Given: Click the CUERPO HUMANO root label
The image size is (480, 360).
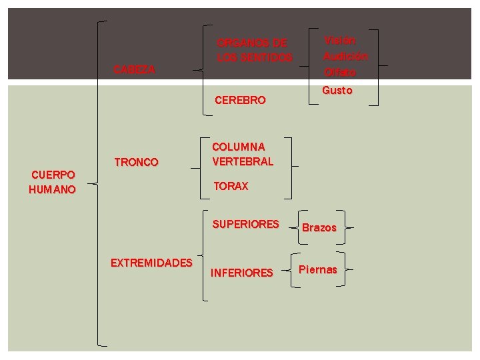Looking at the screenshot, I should [53, 182].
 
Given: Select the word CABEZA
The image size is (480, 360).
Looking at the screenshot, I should [135, 69].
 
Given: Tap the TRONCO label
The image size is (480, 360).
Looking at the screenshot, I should [136, 162].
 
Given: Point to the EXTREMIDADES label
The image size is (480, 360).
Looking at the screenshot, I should [151, 263].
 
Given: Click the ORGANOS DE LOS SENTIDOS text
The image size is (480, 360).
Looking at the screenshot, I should [255, 51].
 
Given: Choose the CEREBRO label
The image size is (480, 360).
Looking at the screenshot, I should [240, 101].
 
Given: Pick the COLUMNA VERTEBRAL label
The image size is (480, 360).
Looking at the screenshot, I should [243, 154].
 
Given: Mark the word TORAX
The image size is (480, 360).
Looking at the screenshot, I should [231, 187].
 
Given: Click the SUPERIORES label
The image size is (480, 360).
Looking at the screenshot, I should [245, 225].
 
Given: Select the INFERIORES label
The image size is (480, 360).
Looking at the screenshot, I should [241, 272].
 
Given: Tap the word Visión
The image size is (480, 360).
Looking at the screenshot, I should [340, 41].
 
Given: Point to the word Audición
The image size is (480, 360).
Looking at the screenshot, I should [345, 57].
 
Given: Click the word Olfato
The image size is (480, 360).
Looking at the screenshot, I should [340, 72].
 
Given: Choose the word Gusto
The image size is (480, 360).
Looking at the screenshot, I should [337, 90].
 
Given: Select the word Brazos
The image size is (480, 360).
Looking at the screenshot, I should [319, 228].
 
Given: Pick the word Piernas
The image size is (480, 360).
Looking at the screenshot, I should [318, 270].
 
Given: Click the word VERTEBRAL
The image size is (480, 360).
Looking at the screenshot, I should [243, 161].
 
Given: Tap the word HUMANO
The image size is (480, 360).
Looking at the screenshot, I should [53, 189].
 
